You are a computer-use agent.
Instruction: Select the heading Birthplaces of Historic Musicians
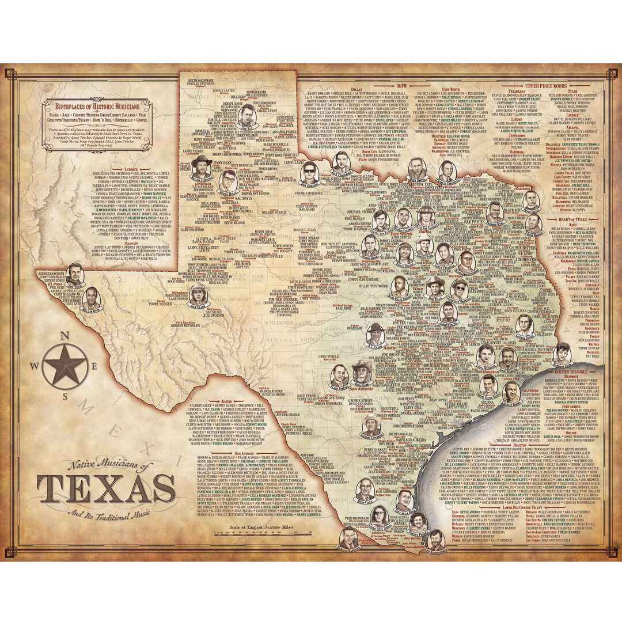click(93, 108)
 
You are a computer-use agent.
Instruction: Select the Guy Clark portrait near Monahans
click(198, 293)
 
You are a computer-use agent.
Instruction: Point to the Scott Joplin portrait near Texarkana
click(531, 200)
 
